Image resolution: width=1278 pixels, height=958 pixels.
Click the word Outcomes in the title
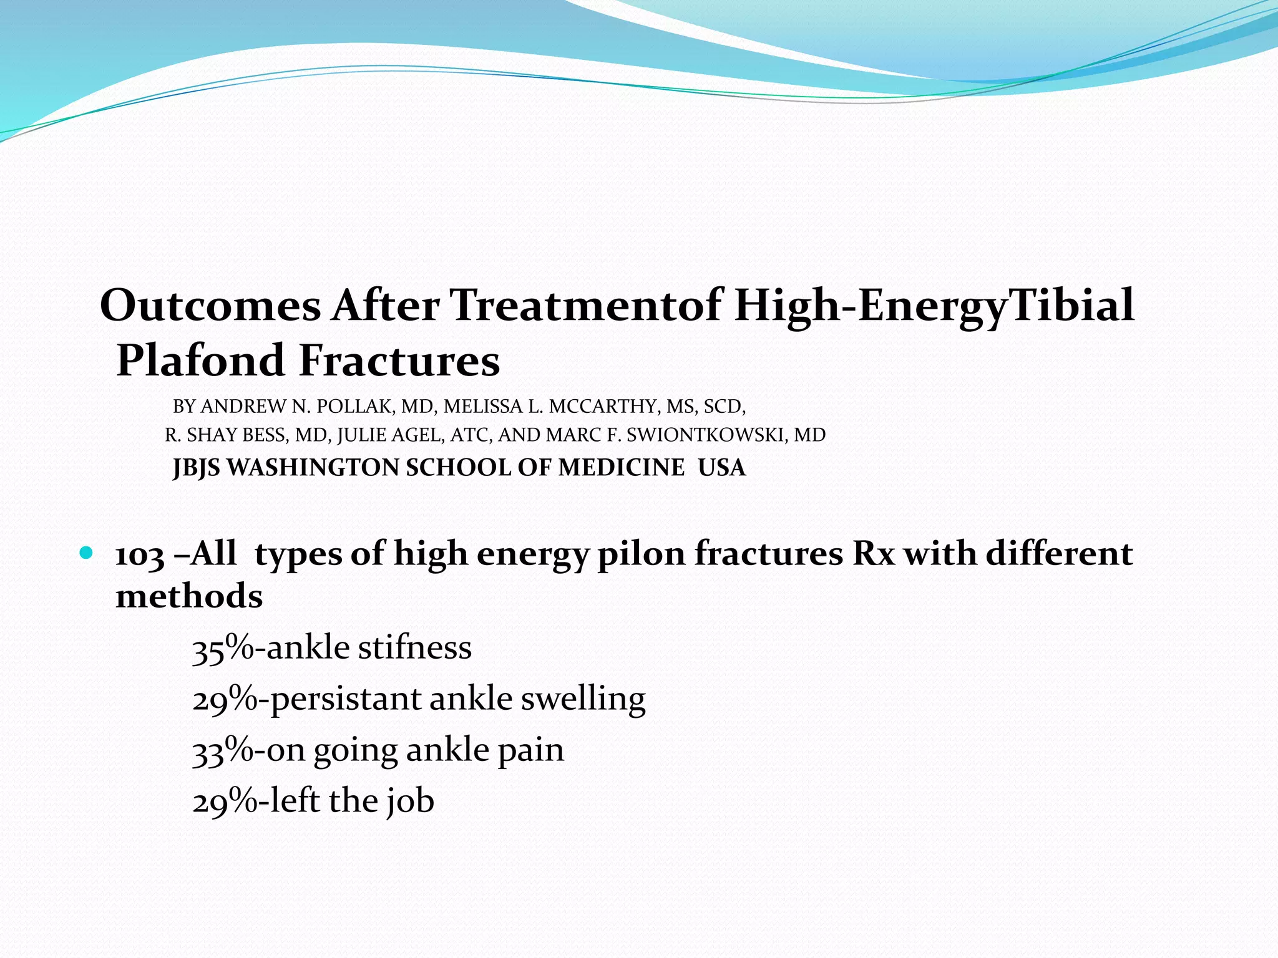[x=210, y=306]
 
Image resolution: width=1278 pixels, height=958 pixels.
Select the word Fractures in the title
[x=399, y=360]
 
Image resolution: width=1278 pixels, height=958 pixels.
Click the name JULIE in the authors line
[x=361, y=435]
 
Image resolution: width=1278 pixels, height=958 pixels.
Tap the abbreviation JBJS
[x=197, y=468]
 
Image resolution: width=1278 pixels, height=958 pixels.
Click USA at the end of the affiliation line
[x=721, y=468]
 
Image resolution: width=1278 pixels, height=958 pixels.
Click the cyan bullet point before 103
[x=86, y=553]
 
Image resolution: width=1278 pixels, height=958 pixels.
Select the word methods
[x=189, y=596]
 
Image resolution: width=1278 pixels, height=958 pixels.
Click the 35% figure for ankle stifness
[x=223, y=649]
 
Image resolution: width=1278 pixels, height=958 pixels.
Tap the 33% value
[x=223, y=751]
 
